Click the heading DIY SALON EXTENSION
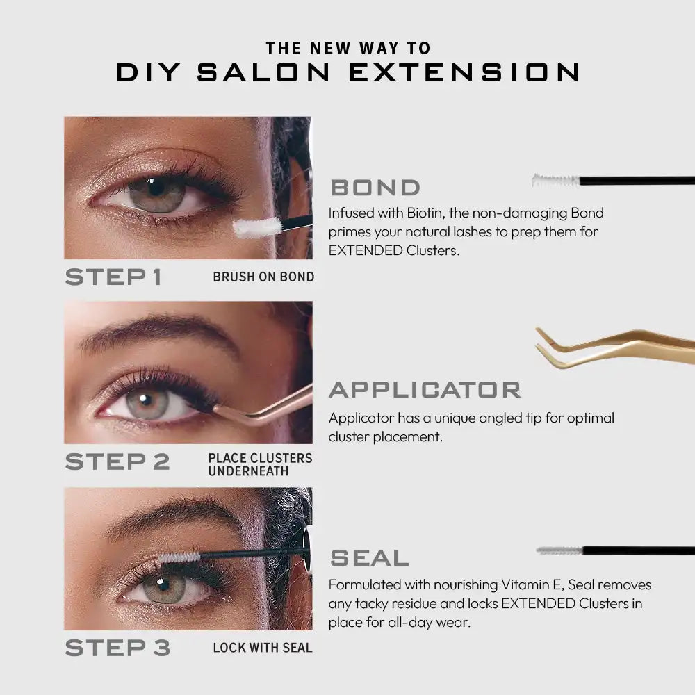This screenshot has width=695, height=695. [348, 72]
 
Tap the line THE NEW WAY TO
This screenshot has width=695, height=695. [348, 48]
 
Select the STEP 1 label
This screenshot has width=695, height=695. [113, 277]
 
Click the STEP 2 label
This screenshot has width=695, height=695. [117, 461]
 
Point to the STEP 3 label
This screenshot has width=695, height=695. [117, 648]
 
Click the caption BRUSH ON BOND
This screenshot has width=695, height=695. [263, 277]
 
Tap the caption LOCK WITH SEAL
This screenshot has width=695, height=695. [263, 648]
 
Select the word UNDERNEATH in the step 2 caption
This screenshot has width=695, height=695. [248, 471]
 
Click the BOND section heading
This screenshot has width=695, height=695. [375, 188]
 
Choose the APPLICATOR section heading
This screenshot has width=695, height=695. [425, 390]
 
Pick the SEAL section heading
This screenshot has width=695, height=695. [369, 558]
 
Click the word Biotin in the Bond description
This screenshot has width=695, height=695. [425, 213]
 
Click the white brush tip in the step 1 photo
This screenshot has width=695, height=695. [257, 226]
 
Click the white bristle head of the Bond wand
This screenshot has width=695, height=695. [556, 181]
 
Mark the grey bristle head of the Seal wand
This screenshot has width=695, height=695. [559, 550]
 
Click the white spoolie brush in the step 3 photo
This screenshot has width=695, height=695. [179, 557]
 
